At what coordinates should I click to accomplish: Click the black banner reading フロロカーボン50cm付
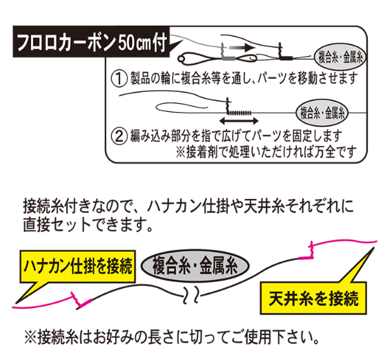click(x=92, y=41)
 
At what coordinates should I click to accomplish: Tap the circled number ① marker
click(x=119, y=78)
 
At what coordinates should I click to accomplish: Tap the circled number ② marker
click(x=119, y=136)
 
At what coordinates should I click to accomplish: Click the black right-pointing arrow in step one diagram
click(x=242, y=47)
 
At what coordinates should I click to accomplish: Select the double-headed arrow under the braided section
click(x=239, y=120)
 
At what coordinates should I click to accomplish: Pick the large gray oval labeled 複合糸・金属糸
click(x=195, y=265)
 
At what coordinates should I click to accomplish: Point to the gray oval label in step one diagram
click(x=340, y=58)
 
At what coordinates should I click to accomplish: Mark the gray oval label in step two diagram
click(x=322, y=113)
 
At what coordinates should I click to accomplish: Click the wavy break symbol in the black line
click(x=191, y=295)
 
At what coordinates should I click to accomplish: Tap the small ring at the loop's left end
click(x=181, y=59)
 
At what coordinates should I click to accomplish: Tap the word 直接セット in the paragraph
click(x=57, y=225)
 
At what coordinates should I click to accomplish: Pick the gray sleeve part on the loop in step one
click(x=228, y=59)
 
